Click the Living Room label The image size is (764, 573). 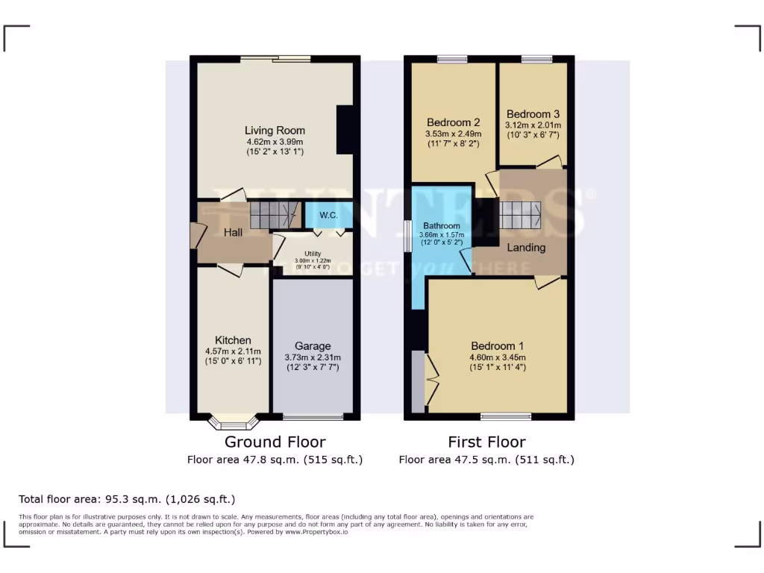[x=275, y=131]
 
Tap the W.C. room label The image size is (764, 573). [x=329, y=216]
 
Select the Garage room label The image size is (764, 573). [x=312, y=346]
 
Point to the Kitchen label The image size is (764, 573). [x=233, y=340]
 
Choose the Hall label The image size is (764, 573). [x=234, y=233]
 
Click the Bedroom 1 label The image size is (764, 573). [x=497, y=346]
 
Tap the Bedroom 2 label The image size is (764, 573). [x=453, y=123]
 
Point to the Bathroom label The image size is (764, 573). [x=442, y=225]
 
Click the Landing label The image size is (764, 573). [x=526, y=248]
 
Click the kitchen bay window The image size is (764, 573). [x=233, y=423]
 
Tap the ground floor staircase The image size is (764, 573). [x=274, y=215]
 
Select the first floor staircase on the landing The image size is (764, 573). [x=520, y=216]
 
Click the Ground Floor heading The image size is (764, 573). [x=275, y=442]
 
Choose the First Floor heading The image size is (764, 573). [x=486, y=442]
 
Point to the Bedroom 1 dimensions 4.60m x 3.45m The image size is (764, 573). [x=497, y=357]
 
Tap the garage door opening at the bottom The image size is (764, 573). [x=313, y=416]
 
